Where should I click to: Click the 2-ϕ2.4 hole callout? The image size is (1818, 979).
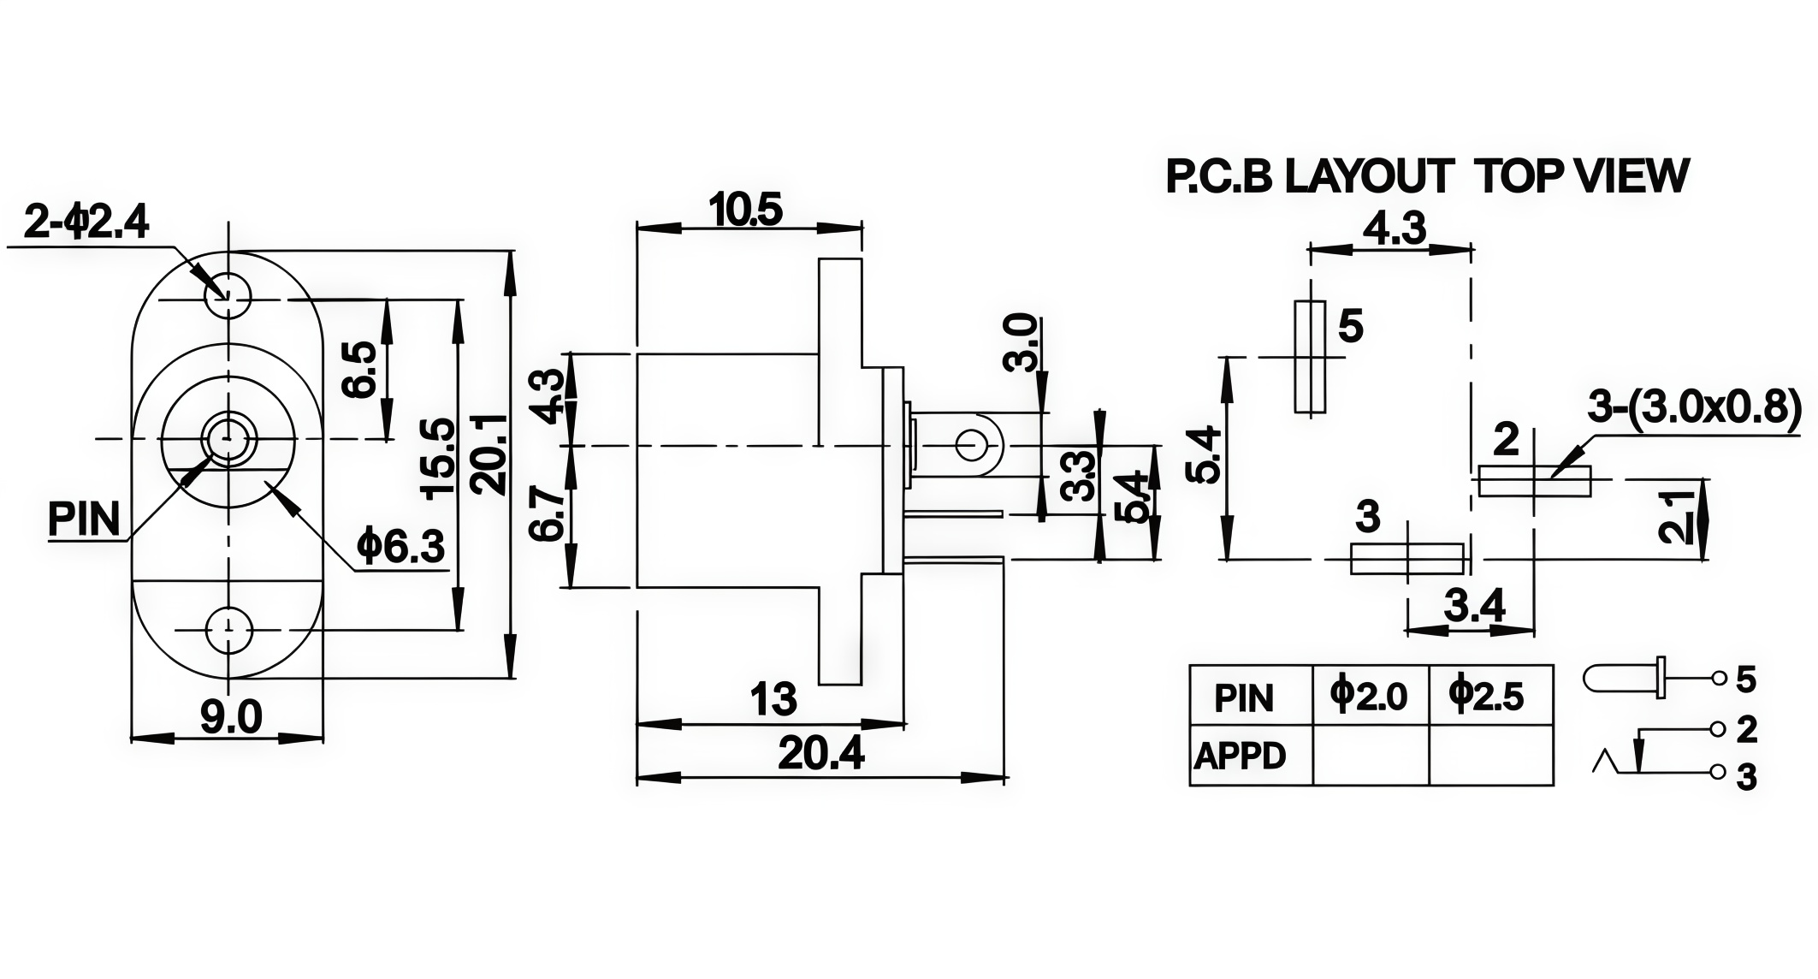click(86, 222)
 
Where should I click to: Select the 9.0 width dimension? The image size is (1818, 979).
click(231, 716)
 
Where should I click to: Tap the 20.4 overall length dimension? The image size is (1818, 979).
click(820, 754)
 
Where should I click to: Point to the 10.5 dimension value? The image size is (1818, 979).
click(746, 210)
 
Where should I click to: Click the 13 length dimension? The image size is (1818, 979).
click(773, 699)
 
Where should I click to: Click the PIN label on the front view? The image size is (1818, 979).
click(84, 519)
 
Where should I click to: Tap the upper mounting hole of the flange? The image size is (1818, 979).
click(228, 296)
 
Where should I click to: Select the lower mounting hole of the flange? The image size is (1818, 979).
click(228, 631)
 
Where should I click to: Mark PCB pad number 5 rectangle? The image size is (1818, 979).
click(1310, 357)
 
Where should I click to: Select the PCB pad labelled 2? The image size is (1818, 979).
click(1535, 481)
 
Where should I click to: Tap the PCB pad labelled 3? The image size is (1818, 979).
click(1407, 559)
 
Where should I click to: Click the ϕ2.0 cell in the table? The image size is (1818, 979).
click(1370, 696)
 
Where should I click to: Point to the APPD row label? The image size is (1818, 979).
click(1241, 756)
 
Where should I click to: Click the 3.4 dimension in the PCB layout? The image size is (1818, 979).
click(1474, 607)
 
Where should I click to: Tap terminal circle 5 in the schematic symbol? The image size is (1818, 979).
click(1717, 680)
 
